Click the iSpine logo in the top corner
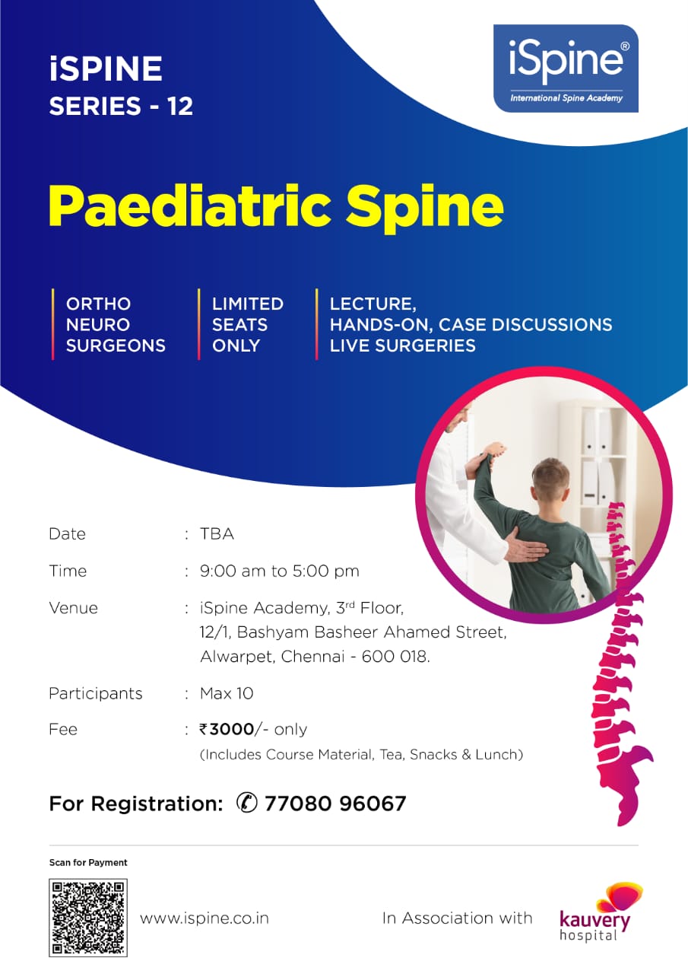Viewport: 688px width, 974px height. pyautogui.click(x=566, y=68)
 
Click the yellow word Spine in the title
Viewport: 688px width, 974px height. pyautogui.click(x=426, y=205)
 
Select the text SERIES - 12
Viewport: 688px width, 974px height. pyautogui.click(x=121, y=106)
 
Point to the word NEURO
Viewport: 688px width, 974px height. pyautogui.click(x=98, y=324)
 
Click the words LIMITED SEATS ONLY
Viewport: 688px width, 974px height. pyautogui.click(x=247, y=324)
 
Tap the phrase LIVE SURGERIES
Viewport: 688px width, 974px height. pyautogui.click(x=402, y=345)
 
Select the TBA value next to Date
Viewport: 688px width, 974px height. pyautogui.click(x=217, y=534)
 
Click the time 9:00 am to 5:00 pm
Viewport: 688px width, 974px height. pyautogui.click(x=279, y=571)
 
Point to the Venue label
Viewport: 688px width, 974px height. pyautogui.click(x=73, y=608)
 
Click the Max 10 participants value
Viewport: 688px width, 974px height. pyautogui.click(x=227, y=693)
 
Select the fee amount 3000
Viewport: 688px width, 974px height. pyautogui.click(x=231, y=729)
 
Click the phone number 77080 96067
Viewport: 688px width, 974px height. pyautogui.click(x=335, y=804)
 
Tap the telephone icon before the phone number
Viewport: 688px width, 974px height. pyautogui.click(x=247, y=803)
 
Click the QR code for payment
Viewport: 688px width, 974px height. pyautogui.click(x=88, y=918)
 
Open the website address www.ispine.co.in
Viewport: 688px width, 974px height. pyautogui.click(x=204, y=918)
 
